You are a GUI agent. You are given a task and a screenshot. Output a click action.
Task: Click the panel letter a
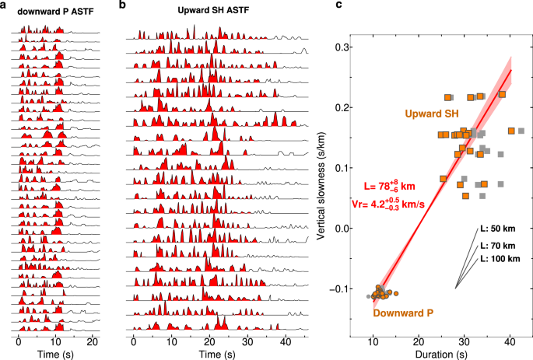[x=4, y=5]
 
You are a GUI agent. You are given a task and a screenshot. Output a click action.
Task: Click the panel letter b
[x=123, y=5]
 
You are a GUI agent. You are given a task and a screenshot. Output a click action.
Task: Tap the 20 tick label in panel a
[x=93, y=341]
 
